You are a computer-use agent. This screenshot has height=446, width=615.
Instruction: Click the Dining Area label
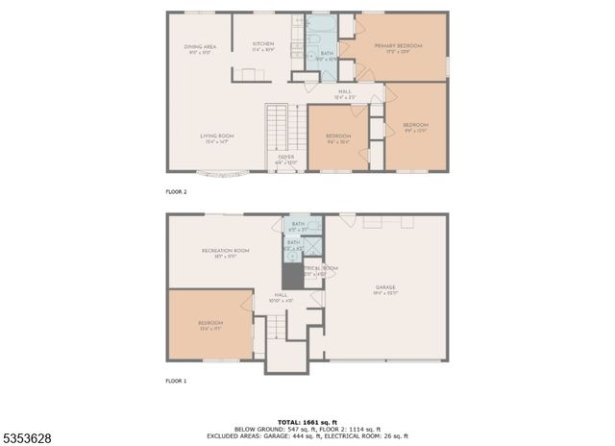pyautogui.click(x=200, y=49)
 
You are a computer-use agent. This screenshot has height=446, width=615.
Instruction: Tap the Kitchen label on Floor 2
pyautogui.click(x=263, y=47)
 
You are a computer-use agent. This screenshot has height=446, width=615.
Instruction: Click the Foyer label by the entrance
pyautogui.click(x=286, y=159)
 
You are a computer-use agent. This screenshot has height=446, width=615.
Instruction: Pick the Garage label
pyautogui.click(x=385, y=289)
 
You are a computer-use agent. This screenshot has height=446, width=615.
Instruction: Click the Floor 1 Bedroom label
pyautogui.click(x=210, y=325)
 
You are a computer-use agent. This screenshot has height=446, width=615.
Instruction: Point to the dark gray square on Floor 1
pyautogui.click(x=306, y=274)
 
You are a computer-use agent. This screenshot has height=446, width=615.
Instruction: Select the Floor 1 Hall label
pyautogui.click(x=282, y=298)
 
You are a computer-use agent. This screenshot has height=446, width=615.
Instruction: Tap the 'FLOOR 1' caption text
pyautogui.click(x=175, y=382)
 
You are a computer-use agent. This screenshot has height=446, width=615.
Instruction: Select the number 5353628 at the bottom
pyautogui.click(x=29, y=438)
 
